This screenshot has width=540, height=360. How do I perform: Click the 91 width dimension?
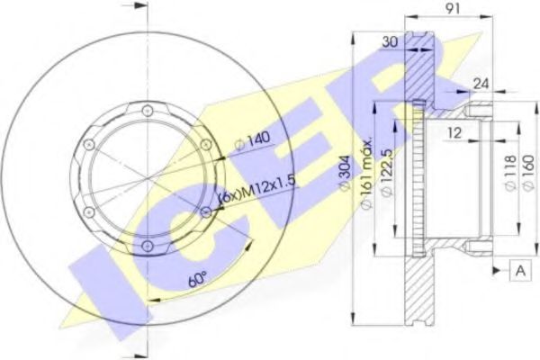tap(454, 9)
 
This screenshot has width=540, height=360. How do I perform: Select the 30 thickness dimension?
tap(391, 41)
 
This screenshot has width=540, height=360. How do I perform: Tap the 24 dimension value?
tap(481, 84)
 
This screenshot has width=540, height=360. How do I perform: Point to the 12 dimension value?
tap(454, 132)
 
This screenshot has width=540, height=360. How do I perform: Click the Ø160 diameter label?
tap(528, 172)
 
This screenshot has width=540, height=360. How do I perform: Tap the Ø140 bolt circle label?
tap(252, 140)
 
